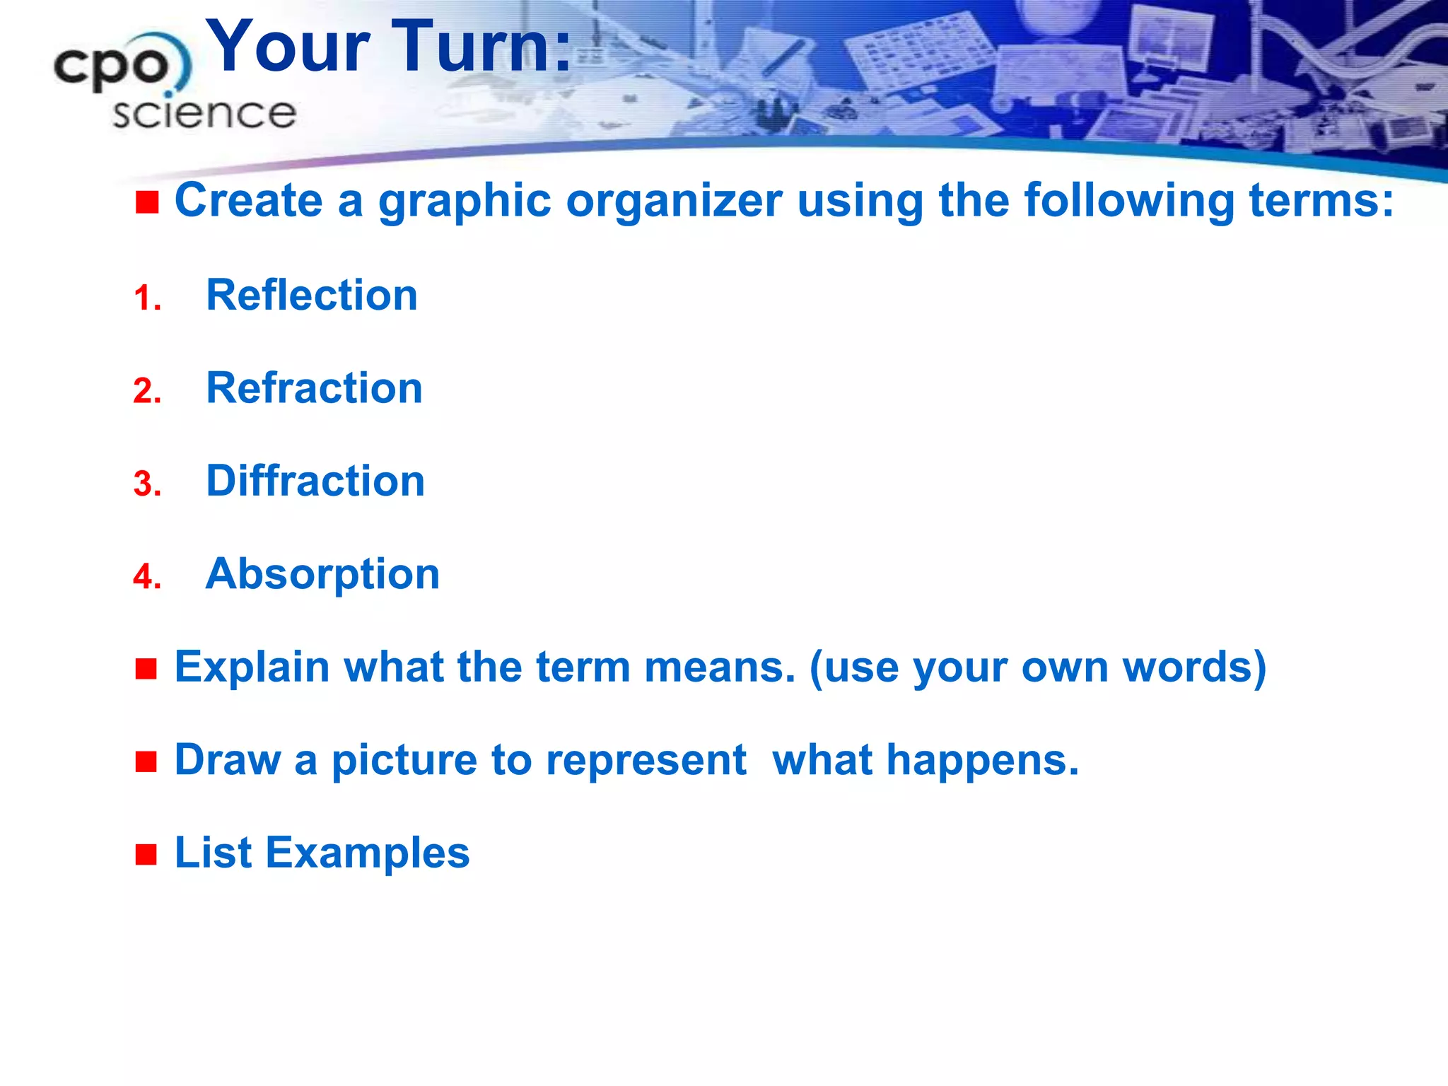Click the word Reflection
311,295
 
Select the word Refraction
314,388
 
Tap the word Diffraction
315,481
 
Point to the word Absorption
322,574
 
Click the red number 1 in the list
146,298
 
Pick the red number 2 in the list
147,391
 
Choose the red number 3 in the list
147,484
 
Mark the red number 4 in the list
147,577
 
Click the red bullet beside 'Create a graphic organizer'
147,203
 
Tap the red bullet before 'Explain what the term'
146,669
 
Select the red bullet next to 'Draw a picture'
146,762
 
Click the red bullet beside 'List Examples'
146,855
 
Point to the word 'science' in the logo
204,114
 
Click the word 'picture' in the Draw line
405,761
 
